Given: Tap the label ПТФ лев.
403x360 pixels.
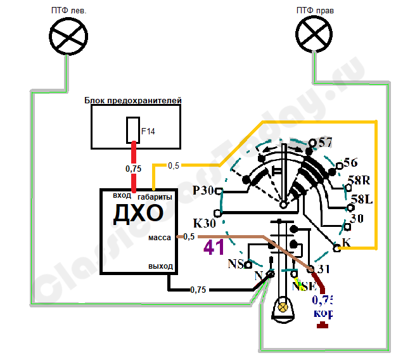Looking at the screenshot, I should tap(66, 10).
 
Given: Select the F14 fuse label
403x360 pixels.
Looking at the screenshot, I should tap(148, 131).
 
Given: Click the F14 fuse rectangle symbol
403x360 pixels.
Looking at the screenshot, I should tap(133, 131).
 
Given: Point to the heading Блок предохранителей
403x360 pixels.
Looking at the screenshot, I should tap(133, 101).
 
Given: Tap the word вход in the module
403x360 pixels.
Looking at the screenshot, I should tap(122, 195).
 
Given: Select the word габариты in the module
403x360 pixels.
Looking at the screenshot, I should tap(155, 197).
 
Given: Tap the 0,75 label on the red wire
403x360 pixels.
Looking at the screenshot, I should tap(133, 169).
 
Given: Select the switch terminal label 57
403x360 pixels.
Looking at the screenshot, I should tap(326, 142).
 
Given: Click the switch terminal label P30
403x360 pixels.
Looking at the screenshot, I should tap(203, 191).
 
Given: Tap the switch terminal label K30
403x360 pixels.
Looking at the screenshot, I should tap(205, 223).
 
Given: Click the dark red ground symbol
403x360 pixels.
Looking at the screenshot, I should tap(323, 326).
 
